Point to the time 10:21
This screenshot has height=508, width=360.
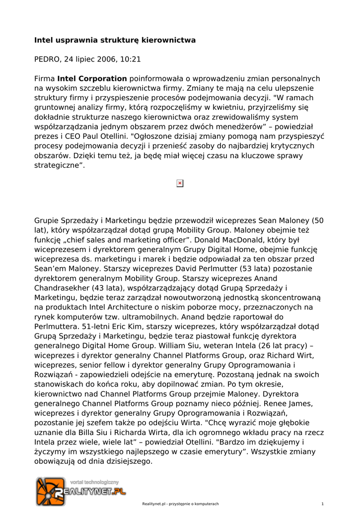pyautogui.click(x=131, y=60)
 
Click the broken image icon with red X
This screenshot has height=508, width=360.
pyautogui.click(x=180, y=183)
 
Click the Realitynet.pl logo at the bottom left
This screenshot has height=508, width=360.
pyautogui.click(x=80, y=491)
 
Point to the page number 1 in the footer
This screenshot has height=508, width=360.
pyautogui.click(x=323, y=504)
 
